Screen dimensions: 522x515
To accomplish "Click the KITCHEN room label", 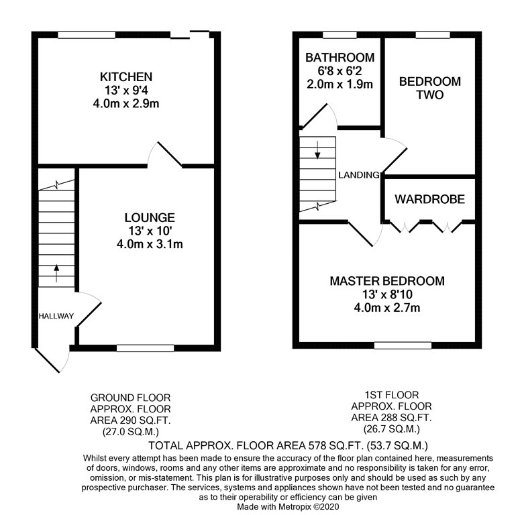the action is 126,77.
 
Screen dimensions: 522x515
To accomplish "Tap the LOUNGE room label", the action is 150,217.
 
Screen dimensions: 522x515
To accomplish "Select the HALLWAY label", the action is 56,316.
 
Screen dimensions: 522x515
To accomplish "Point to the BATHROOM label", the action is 340,58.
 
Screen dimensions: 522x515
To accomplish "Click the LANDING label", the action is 359,175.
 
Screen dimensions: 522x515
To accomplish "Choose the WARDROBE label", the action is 430,199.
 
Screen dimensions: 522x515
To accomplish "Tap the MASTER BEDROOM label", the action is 387,281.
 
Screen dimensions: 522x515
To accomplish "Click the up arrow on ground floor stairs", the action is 56,273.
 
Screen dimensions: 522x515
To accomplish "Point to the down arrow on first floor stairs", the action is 317,150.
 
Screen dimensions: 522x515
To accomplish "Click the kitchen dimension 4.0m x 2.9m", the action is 126,103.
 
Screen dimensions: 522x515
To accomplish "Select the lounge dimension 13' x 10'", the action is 150,231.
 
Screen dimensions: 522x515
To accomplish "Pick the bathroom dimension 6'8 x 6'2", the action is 340,71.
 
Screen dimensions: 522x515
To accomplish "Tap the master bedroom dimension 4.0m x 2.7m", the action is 387,308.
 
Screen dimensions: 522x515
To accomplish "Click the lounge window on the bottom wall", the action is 145,348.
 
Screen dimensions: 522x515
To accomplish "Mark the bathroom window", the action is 340,35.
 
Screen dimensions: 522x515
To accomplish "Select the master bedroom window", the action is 403,345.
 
